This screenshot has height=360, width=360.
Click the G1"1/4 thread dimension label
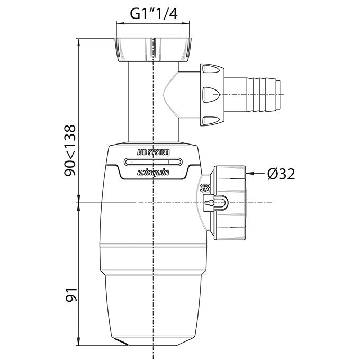click(x=154, y=14)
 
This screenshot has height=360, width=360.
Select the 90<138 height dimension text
click(x=70, y=150)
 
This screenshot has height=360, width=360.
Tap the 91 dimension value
click(x=71, y=294)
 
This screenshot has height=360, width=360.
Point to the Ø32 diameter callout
click(x=281, y=174)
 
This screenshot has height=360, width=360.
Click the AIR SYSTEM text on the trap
click(x=153, y=152)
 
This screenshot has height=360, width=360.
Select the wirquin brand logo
click(x=153, y=173)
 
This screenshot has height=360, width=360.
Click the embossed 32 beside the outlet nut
click(x=205, y=188)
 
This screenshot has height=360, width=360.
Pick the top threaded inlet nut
click(x=153, y=50)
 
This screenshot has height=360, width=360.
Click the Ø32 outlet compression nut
click(x=230, y=203)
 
